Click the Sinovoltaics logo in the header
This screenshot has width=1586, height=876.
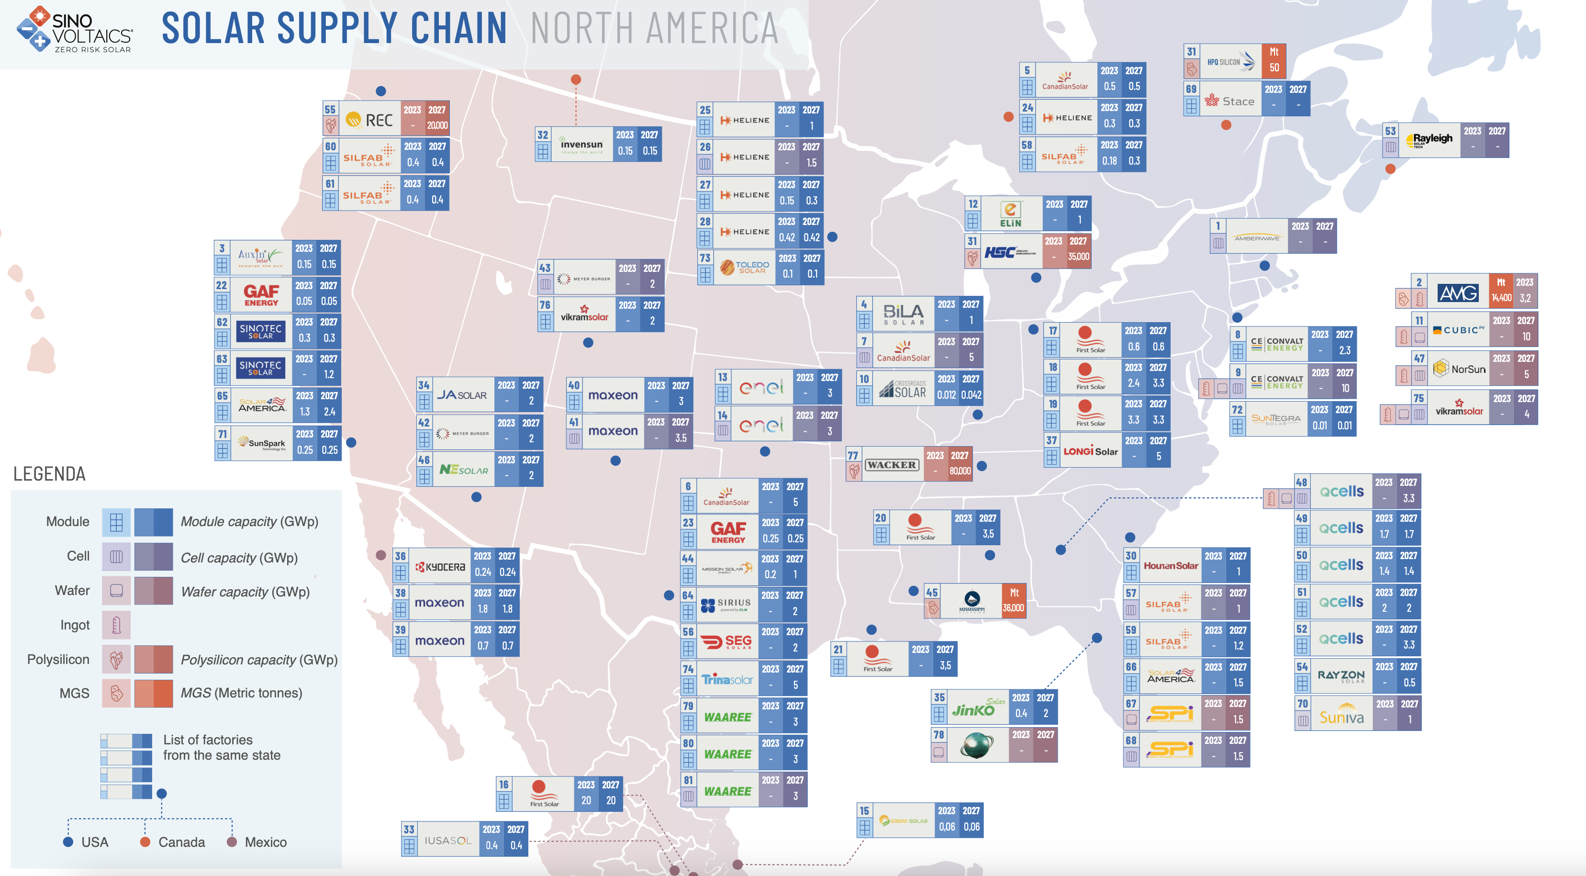coord(74,29)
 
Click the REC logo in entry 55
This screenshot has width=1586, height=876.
coord(369,120)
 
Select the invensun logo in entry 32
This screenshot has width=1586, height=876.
coord(581,146)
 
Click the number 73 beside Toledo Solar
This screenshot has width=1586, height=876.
coord(705,258)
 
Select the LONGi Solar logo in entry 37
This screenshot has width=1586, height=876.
coord(1090,451)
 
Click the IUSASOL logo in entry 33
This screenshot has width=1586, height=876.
coord(447,840)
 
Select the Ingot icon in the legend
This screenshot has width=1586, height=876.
coord(116,625)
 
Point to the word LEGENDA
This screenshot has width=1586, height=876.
coord(49,474)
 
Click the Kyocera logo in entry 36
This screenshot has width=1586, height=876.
coord(440,567)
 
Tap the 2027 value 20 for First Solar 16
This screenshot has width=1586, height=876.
coord(610,800)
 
